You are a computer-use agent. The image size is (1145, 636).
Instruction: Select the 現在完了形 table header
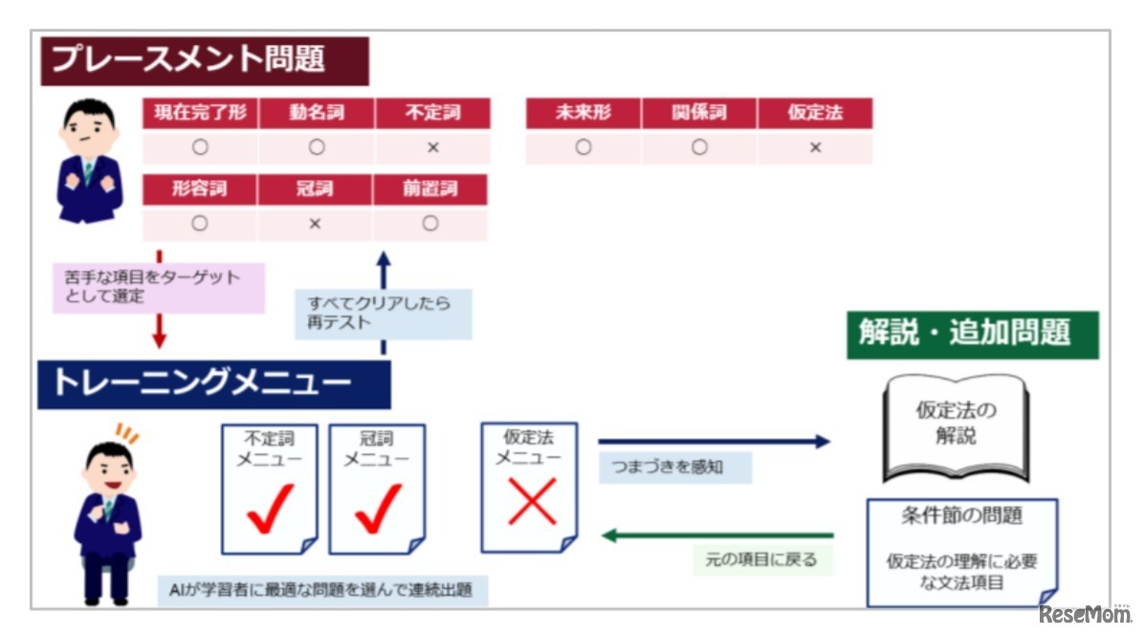(200, 113)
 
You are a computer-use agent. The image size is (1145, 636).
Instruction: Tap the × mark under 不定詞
(432, 147)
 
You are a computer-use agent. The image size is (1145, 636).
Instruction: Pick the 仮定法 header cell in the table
(815, 113)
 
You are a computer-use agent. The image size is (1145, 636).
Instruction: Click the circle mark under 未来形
(584, 147)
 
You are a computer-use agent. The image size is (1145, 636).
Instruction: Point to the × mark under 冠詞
(315, 224)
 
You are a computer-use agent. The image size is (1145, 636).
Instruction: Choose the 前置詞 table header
(429, 188)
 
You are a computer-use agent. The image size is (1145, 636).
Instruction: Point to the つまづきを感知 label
(674, 468)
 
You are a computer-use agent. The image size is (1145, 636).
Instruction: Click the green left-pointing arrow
(717, 535)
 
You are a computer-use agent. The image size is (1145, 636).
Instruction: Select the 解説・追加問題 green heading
(972, 335)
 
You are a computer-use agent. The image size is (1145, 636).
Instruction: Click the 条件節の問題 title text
(961, 516)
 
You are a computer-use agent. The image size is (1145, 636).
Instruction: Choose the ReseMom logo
(1084, 614)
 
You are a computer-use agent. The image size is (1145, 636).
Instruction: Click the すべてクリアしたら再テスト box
(383, 314)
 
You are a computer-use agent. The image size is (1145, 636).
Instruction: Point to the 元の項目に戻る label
(760, 559)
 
